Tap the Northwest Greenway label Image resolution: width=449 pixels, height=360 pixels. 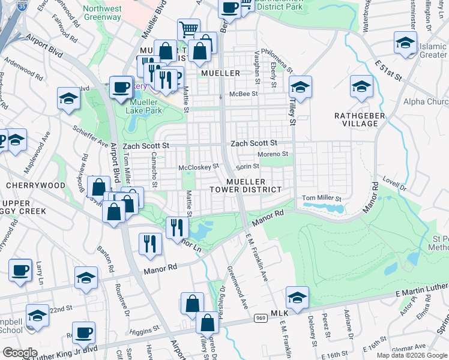[x=102, y=13]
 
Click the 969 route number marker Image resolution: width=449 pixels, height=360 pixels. [x=260, y=317]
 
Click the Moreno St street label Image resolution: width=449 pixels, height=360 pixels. [x=273, y=154]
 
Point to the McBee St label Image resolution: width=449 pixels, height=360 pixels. [x=246, y=94]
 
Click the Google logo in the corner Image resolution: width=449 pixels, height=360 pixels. [x=20, y=352]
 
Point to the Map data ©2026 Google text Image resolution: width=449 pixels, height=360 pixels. [x=411, y=355]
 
